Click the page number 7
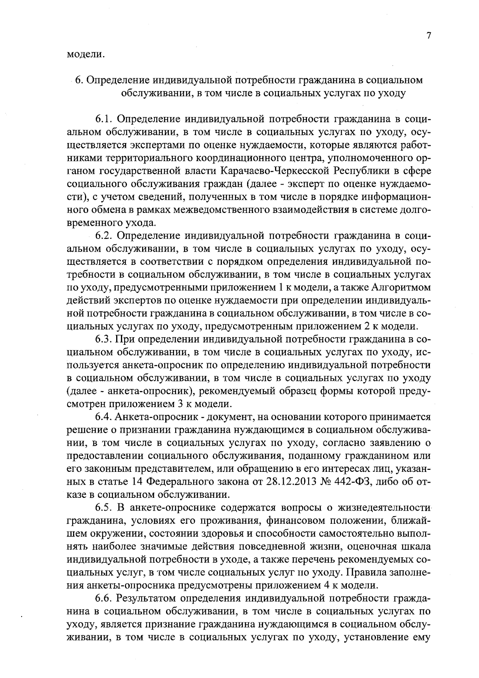428,36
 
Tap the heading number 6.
79,80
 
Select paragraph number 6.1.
105,119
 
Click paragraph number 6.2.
105,236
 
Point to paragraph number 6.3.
105,340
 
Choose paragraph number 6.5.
105,508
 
